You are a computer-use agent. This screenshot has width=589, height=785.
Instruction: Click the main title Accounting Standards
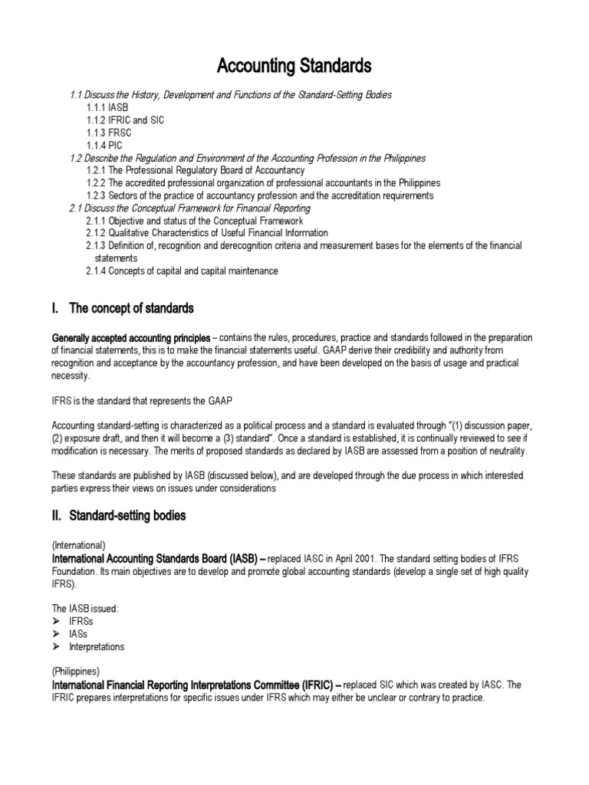294,67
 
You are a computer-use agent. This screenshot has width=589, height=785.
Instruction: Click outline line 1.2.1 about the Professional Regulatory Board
195,170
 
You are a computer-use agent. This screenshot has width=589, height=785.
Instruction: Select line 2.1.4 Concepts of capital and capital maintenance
182,271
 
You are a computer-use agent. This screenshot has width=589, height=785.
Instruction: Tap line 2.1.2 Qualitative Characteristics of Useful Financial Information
207,232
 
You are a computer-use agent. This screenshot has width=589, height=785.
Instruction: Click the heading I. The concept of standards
123,309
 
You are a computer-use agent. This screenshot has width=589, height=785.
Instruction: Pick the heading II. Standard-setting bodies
119,516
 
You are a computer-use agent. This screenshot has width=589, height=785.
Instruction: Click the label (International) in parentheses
78,545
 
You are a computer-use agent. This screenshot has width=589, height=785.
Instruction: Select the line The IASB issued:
85,608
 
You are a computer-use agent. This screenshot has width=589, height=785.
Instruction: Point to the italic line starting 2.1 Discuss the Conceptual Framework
189,208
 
